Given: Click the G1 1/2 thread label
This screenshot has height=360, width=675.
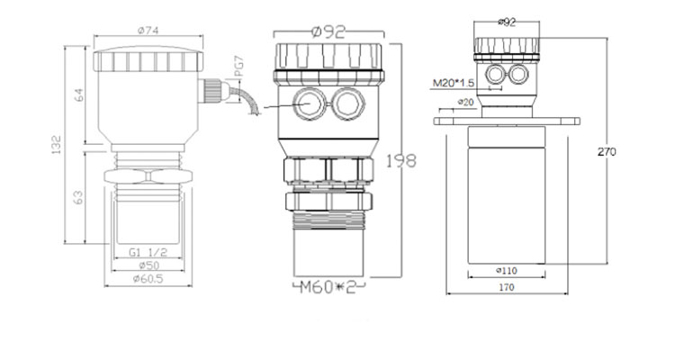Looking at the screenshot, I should [x=148, y=254].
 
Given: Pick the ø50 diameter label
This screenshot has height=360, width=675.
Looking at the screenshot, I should [x=148, y=266].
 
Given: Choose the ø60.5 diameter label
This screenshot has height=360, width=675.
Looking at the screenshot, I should [x=148, y=279].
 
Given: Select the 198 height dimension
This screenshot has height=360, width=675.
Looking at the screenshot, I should [x=401, y=161].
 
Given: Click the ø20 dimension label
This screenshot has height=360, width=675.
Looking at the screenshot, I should [x=465, y=102].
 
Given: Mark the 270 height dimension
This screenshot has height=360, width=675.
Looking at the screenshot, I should [x=607, y=152].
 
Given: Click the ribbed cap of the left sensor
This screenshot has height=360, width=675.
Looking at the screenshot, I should [x=148, y=59].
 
